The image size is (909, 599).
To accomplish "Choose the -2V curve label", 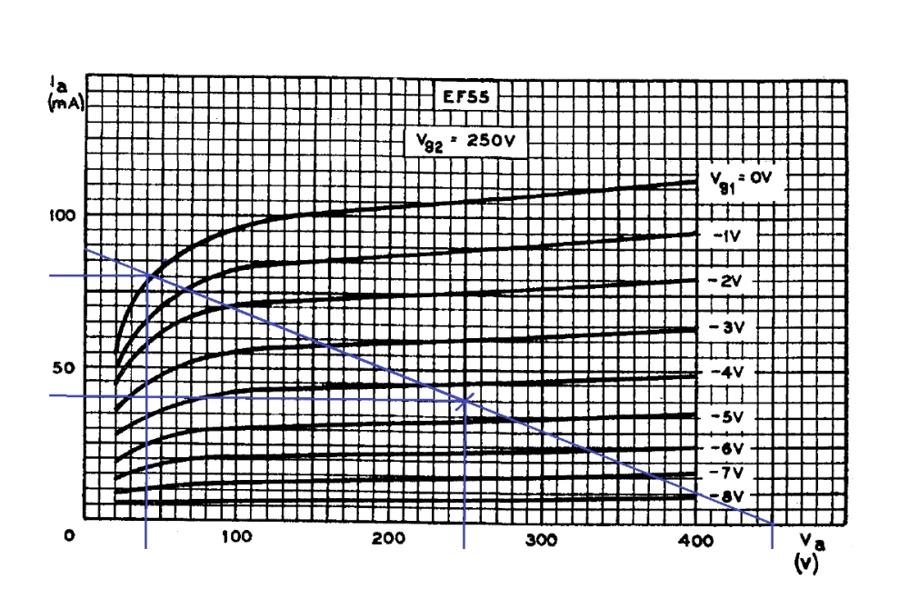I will [x=729, y=281].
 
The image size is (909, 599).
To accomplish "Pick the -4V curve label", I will [x=729, y=373].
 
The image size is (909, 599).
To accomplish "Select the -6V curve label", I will [x=729, y=449].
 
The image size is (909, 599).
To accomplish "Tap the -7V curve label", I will [x=729, y=473].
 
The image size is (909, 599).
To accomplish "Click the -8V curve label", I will [x=729, y=496].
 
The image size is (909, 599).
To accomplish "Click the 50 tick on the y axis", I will [x=62, y=367].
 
